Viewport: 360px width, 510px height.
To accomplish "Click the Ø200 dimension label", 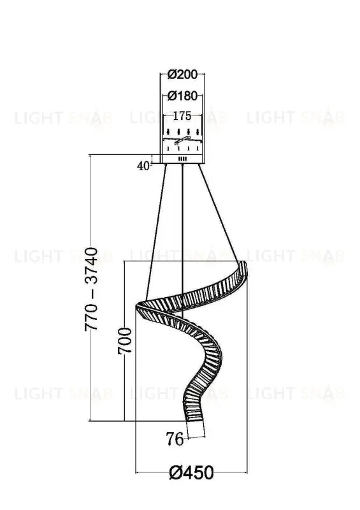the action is click(x=182, y=75).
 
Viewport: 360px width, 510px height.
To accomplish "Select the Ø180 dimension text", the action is click(x=182, y=96).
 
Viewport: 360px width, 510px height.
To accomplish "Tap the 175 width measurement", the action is click(x=182, y=116).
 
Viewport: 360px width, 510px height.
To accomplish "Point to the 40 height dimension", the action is click(x=143, y=166).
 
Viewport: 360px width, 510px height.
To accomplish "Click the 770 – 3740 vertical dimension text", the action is click(x=91, y=289).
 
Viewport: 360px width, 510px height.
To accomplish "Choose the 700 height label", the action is click(x=125, y=340).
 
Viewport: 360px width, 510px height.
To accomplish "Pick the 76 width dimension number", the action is click(x=175, y=439).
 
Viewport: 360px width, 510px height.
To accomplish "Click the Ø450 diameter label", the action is click(x=192, y=472).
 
